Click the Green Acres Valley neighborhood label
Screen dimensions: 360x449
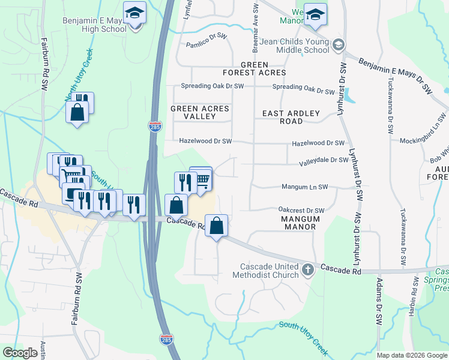click(199, 112)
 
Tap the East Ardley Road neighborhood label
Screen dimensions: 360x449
click(291, 117)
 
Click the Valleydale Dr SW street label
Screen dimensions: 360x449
click(324, 160)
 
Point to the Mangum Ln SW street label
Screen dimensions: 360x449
click(305, 187)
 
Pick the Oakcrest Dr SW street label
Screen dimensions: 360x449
click(301, 210)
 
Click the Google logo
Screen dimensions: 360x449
click(20, 353)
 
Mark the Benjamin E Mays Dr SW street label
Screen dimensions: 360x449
click(396, 75)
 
